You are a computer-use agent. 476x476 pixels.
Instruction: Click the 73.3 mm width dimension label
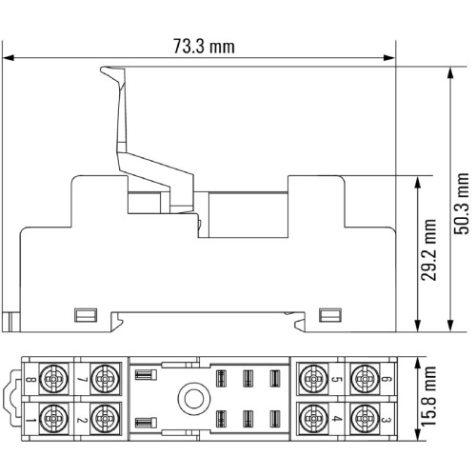pos(204,47)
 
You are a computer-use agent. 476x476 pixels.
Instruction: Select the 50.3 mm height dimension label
pos(461,204)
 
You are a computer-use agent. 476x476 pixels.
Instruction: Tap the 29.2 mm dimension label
pos(428,250)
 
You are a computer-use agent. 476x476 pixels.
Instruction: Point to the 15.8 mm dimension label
pos(428,396)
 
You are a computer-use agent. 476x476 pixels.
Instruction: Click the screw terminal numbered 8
pos(54,379)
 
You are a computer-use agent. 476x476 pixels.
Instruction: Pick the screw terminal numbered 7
pos(104,379)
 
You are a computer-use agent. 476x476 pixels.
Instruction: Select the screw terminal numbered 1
pos(54,419)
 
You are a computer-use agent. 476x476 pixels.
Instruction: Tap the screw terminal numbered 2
pos(104,419)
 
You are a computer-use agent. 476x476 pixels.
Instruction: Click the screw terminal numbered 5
pos(313,379)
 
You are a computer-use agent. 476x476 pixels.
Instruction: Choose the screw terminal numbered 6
pos(365,379)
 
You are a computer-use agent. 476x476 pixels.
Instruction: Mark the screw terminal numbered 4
pos(313,419)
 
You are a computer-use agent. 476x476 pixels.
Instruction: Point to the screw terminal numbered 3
pos(365,419)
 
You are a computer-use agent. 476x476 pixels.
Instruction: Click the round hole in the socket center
pos(194,399)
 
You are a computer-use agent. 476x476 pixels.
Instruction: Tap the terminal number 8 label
pos(31,379)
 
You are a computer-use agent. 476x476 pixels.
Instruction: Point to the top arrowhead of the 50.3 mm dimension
pos(450,73)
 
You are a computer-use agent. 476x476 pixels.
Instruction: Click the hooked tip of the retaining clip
pos(102,69)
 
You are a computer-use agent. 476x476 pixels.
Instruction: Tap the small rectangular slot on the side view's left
pos(86,315)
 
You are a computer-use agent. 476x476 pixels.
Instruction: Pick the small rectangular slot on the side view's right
pos(330,315)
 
